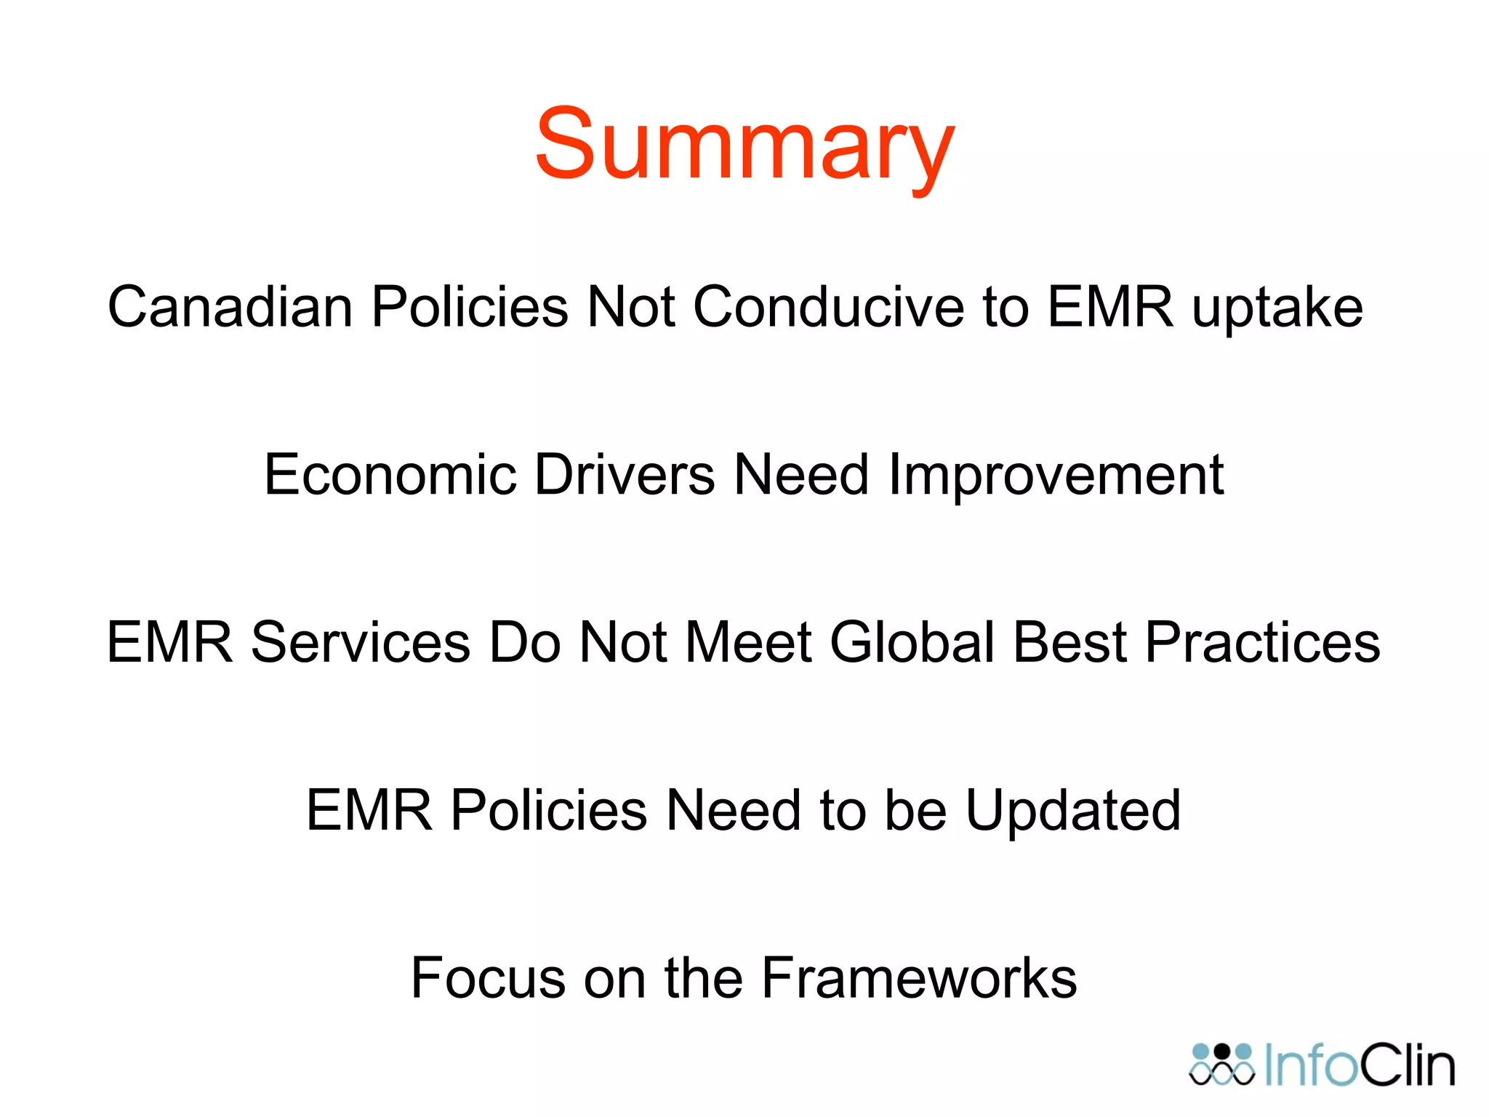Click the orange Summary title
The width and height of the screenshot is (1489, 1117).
[x=744, y=145]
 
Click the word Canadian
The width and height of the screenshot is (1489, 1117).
[x=230, y=307]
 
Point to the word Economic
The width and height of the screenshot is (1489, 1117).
[x=390, y=475]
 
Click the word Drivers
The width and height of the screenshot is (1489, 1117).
[x=625, y=475]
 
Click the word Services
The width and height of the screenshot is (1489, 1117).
[x=361, y=643]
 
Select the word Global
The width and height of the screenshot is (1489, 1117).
[x=912, y=643]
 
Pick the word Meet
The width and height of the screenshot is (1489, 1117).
[x=748, y=643]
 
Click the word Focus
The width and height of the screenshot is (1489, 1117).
[x=488, y=978]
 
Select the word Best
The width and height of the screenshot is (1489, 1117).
[x=1069, y=643]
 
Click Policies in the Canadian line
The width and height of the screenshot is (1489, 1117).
[x=470, y=307]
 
